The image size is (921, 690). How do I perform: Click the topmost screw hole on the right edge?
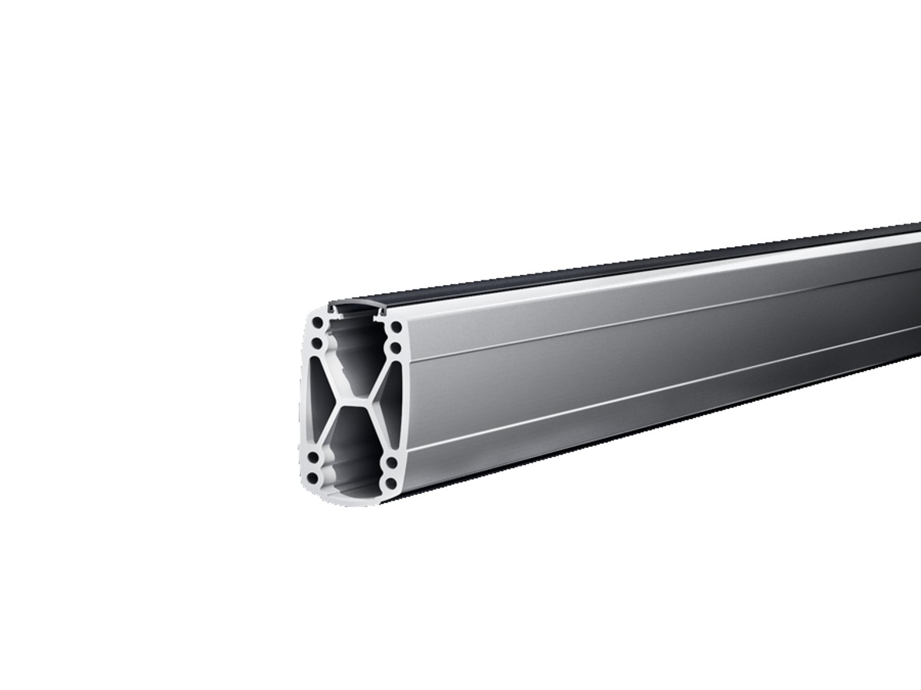[393, 326]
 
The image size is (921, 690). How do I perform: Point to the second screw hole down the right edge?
[394, 346]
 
